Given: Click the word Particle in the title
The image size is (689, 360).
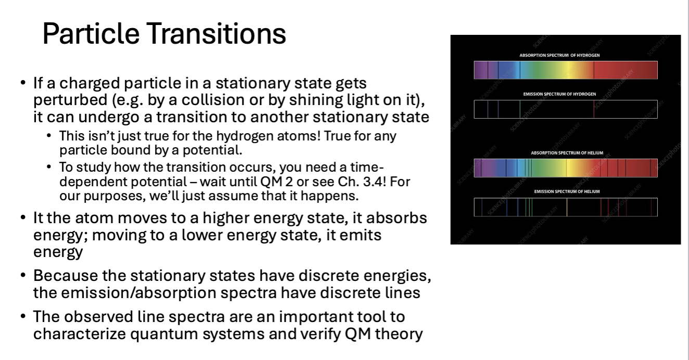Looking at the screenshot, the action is pos(91,33).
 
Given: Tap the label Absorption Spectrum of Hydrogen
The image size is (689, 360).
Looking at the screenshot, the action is pos(559,55).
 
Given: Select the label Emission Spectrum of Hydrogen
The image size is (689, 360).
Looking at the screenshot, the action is pos(559,94).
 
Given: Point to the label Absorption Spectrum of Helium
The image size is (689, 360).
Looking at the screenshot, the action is pos(567,153).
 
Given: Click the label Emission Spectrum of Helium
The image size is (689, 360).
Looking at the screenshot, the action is pos(567,191).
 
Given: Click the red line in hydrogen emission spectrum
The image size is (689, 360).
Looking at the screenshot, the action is pos(594,109).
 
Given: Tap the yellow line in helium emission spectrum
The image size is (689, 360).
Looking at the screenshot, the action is pos(567,207).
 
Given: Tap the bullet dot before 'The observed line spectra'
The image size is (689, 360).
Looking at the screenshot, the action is pos(23,316).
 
